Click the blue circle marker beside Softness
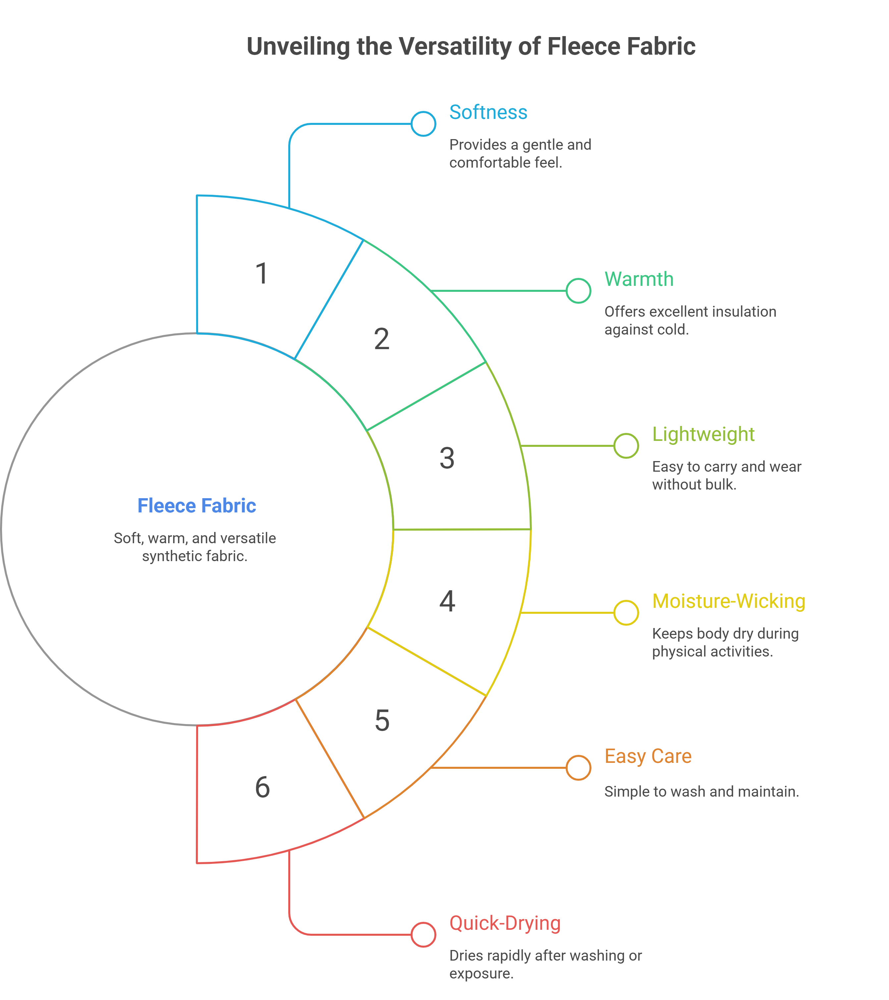(423, 124)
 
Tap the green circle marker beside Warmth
(578, 290)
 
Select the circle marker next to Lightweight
(626, 446)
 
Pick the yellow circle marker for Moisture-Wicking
(626, 612)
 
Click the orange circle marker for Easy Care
(578, 767)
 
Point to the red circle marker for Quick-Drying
(423, 934)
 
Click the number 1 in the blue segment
(262, 274)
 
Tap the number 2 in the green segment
(382, 339)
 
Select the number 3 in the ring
(447, 458)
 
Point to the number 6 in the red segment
(262, 787)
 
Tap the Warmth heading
(639, 279)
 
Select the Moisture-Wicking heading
(729, 601)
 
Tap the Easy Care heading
(648, 756)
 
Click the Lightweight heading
(703, 435)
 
